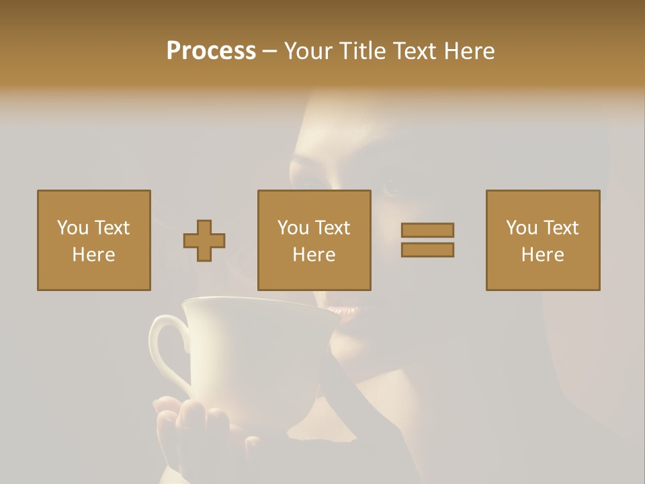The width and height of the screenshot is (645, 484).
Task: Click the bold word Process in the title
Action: (x=211, y=51)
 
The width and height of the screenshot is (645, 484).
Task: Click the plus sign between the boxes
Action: (x=204, y=241)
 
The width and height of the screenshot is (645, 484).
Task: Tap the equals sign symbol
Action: (x=427, y=240)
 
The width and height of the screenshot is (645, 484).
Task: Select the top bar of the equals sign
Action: (x=427, y=231)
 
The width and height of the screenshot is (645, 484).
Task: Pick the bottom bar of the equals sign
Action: (x=427, y=249)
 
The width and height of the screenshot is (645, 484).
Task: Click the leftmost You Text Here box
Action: (x=94, y=240)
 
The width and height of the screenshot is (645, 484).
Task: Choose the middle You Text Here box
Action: (x=314, y=240)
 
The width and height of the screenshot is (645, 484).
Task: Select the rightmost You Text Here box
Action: (x=543, y=240)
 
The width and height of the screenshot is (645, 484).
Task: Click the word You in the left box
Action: (x=72, y=228)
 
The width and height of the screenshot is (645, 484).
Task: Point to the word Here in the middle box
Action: (x=314, y=255)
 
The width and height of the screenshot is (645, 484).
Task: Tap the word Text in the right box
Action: (x=561, y=228)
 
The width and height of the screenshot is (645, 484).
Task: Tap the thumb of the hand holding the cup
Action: (x=168, y=407)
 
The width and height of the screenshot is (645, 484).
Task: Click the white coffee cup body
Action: (x=255, y=356)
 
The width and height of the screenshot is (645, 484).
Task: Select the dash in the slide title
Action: (x=270, y=51)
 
